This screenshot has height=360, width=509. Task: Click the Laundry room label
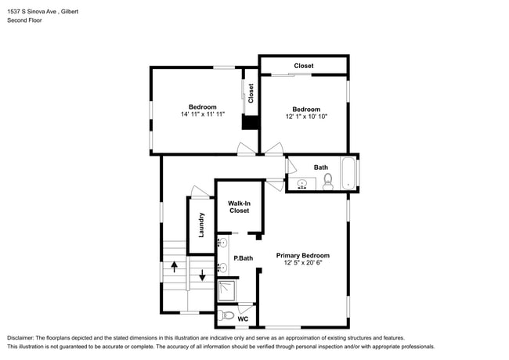(x=201, y=225)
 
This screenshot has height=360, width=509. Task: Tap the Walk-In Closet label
(x=240, y=207)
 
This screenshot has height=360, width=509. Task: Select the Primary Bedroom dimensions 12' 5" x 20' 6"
(x=303, y=263)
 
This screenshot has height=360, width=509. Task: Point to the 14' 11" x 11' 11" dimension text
(x=203, y=114)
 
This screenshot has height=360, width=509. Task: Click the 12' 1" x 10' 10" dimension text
(x=306, y=117)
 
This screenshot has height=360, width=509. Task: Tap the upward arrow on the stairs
(x=175, y=267)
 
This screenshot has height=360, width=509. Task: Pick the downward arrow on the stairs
(x=202, y=275)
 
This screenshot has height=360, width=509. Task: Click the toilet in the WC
(x=226, y=315)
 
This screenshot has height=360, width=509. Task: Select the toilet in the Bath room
(x=328, y=182)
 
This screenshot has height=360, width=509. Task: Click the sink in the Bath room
(x=302, y=184)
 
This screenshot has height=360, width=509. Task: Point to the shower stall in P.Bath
(x=226, y=290)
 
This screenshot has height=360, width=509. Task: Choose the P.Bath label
(x=244, y=258)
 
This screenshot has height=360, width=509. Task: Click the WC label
(x=243, y=319)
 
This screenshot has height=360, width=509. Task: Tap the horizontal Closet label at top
(x=304, y=66)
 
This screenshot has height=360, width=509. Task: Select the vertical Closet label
(x=251, y=93)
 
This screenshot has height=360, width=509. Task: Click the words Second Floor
(x=25, y=20)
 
